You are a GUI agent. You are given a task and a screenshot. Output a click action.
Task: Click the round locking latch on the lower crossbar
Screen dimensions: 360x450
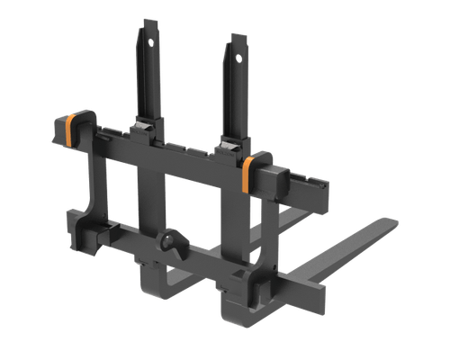170,243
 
